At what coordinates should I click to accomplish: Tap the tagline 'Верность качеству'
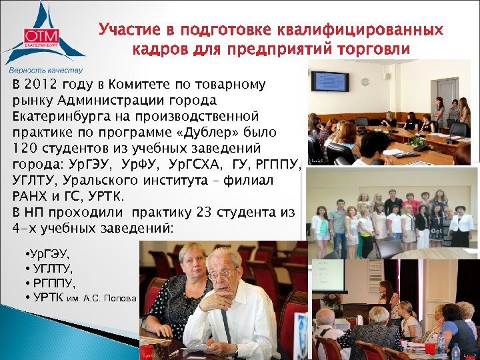click(45, 70)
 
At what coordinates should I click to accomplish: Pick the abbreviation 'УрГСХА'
click(194, 164)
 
